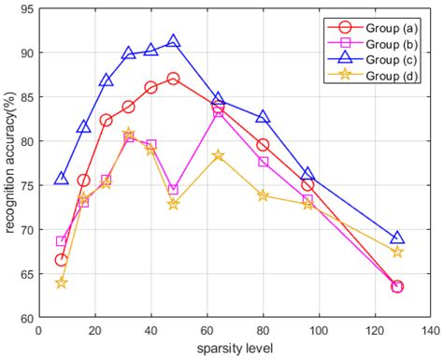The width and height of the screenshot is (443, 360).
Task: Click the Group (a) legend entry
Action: pyautogui.click(x=374, y=26)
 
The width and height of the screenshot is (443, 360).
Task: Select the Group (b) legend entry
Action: pyautogui.click(x=374, y=43)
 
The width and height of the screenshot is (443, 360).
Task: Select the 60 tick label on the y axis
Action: pyautogui.click(x=24, y=318)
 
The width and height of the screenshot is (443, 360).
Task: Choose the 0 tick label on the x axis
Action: pyautogui.click(x=39, y=330)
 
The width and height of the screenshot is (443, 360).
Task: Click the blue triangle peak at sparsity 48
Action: pyautogui.click(x=174, y=42)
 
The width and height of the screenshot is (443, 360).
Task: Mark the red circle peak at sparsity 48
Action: pyautogui.click(x=174, y=79)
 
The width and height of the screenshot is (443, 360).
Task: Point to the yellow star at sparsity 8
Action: pyautogui.click(x=62, y=282)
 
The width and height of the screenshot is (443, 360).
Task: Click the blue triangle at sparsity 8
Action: pyautogui.click(x=62, y=178)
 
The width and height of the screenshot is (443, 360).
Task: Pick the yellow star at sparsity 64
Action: pyautogui.click(x=219, y=155)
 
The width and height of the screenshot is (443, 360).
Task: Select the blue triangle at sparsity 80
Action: pyautogui.click(x=263, y=118)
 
